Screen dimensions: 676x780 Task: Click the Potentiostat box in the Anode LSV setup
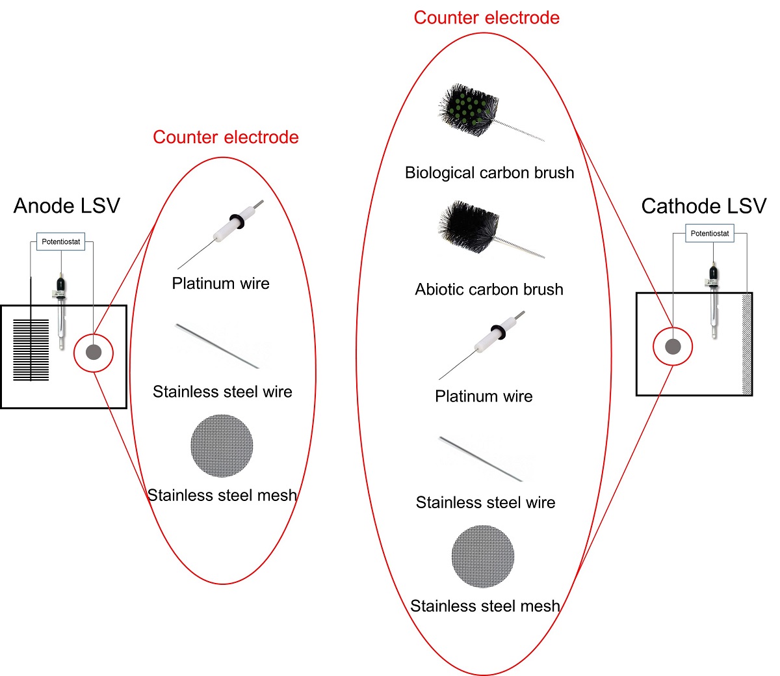(60, 241)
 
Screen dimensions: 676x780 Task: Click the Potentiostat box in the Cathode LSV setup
(709, 233)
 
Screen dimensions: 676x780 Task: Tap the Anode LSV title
(67, 206)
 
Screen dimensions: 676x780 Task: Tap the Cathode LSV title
(703, 206)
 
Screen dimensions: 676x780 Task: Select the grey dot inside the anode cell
(94, 353)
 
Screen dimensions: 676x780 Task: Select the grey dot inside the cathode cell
(673, 346)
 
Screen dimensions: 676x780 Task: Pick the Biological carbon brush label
(489, 172)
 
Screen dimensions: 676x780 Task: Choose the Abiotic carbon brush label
(489, 290)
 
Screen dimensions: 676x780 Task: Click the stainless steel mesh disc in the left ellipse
(222, 446)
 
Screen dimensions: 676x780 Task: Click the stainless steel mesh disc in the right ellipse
(483, 556)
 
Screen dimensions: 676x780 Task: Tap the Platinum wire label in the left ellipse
(220, 283)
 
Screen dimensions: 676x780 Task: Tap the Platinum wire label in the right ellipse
(484, 396)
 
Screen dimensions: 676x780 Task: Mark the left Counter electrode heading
(226, 137)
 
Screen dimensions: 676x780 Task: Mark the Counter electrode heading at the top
(486, 18)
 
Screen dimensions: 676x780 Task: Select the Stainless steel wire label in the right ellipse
(486, 502)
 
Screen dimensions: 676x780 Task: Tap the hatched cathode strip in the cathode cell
(747, 345)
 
